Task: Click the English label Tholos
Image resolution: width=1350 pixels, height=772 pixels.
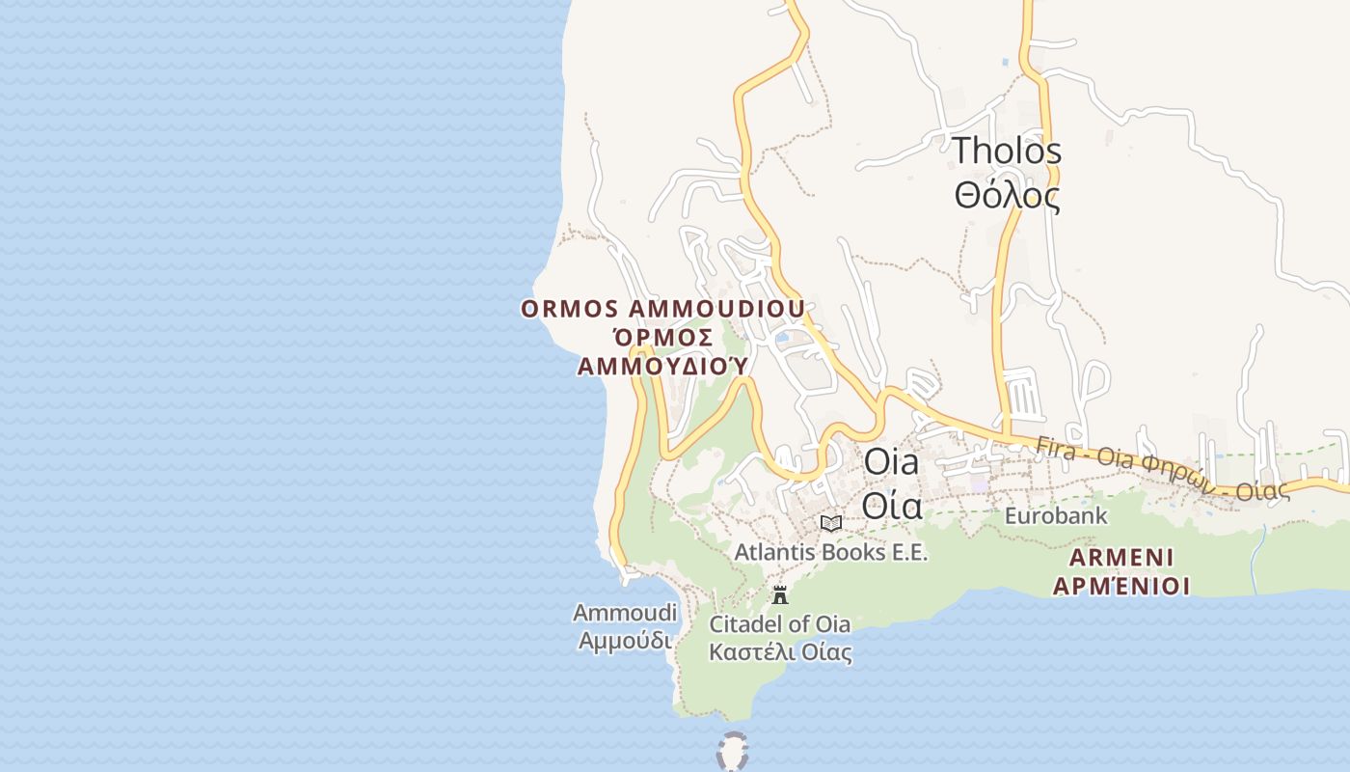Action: pyautogui.click(x=1007, y=152)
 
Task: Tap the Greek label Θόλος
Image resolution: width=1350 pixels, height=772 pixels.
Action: pyautogui.click(x=1007, y=196)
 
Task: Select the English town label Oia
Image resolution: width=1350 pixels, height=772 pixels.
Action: pyautogui.click(x=891, y=461)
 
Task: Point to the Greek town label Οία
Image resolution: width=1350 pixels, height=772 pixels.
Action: pyautogui.click(x=891, y=505)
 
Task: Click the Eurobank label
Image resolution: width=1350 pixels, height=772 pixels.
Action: pyautogui.click(x=1056, y=516)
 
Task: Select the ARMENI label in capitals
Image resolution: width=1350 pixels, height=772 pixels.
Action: pyautogui.click(x=1120, y=558)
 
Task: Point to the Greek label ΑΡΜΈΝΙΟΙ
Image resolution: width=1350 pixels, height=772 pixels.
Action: pyautogui.click(x=1120, y=586)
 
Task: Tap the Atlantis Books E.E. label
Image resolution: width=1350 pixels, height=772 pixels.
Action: pyautogui.click(x=830, y=552)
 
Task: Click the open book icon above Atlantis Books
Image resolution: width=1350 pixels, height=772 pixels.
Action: pyautogui.click(x=830, y=523)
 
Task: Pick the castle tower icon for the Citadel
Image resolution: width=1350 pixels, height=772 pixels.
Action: pyautogui.click(x=780, y=594)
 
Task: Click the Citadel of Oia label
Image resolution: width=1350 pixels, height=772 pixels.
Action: pyautogui.click(x=780, y=623)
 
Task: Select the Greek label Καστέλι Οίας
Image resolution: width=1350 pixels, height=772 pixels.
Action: pyautogui.click(x=780, y=652)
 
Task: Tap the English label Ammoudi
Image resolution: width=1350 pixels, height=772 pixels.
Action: pyautogui.click(x=625, y=613)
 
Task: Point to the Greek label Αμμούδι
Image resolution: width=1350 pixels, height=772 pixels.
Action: pyautogui.click(x=625, y=640)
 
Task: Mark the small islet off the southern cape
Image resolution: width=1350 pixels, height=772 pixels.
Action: pyautogui.click(x=733, y=751)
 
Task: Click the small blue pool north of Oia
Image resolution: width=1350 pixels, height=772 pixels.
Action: pyautogui.click(x=782, y=338)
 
